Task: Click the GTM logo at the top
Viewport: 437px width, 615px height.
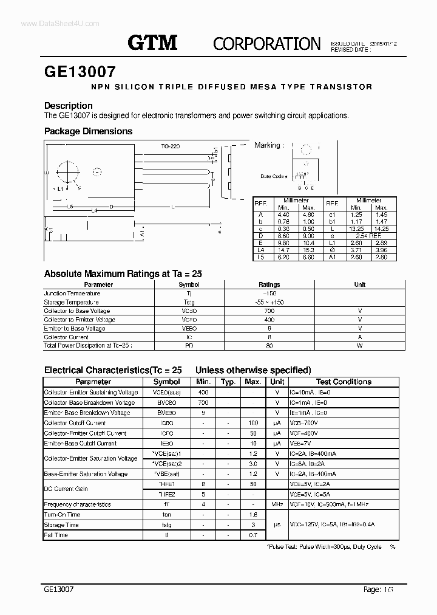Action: pyautogui.click(x=152, y=42)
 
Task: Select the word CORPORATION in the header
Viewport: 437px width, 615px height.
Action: pyautogui.click(x=266, y=44)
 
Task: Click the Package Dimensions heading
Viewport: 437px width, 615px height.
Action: pyautogui.click(x=88, y=131)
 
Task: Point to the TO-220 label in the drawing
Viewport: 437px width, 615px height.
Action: pyautogui.click(x=171, y=146)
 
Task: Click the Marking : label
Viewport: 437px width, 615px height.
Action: pyautogui.click(x=268, y=145)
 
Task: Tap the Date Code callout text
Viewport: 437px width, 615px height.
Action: pyautogui.click(x=273, y=176)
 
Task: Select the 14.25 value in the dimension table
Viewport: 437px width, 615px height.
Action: pyautogui.click(x=382, y=228)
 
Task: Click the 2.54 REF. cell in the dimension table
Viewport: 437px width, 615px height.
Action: pyautogui.click(x=368, y=235)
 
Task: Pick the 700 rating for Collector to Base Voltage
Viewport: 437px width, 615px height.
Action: pyautogui.click(x=269, y=311)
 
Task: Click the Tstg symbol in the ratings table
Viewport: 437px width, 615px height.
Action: pyautogui.click(x=189, y=302)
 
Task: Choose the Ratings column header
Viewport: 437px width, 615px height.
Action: pyautogui.click(x=269, y=284)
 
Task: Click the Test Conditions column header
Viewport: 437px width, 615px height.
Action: pyautogui.click(x=344, y=382)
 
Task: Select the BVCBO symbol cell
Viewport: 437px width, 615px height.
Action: pyautogui.click(x=166, y=402)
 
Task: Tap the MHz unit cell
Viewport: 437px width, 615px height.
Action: pyautogui.click(x=277, y=504)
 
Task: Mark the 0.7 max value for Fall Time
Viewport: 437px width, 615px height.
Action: pyautogui.click(x=252, y=535)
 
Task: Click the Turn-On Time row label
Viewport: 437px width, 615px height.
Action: pyautogui.click(x=62, y=515)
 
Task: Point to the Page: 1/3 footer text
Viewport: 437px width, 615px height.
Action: pyautogui.click(x=378, y=589)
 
